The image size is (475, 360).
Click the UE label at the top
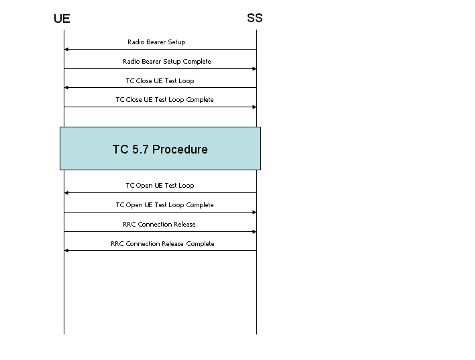point(62,19)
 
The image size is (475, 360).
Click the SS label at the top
point(255,18)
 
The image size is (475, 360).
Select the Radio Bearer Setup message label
point(156,42)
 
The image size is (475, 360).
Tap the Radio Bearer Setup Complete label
point(167,62)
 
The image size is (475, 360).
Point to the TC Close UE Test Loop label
point(160,81)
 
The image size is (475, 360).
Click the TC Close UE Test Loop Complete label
point(165,100)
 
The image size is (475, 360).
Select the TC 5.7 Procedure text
point(160,149)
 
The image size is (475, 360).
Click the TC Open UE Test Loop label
point(160,186)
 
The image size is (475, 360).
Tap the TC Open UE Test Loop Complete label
point(165,205)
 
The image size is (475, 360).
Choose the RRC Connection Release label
point(159,225)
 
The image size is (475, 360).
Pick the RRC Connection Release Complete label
point(162,244)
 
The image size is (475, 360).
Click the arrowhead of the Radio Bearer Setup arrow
point(66,50)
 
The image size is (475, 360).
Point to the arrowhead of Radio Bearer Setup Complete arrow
point(254,69)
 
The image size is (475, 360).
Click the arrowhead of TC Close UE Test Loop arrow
point(66,88)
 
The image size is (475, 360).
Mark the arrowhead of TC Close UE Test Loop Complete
point(254,107)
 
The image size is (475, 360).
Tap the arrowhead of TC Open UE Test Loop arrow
point(66,193)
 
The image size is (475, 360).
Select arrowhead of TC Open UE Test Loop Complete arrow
point(254,213)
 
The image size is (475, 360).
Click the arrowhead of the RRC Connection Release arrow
point(254,232)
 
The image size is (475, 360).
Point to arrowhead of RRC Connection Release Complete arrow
point(66,251)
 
